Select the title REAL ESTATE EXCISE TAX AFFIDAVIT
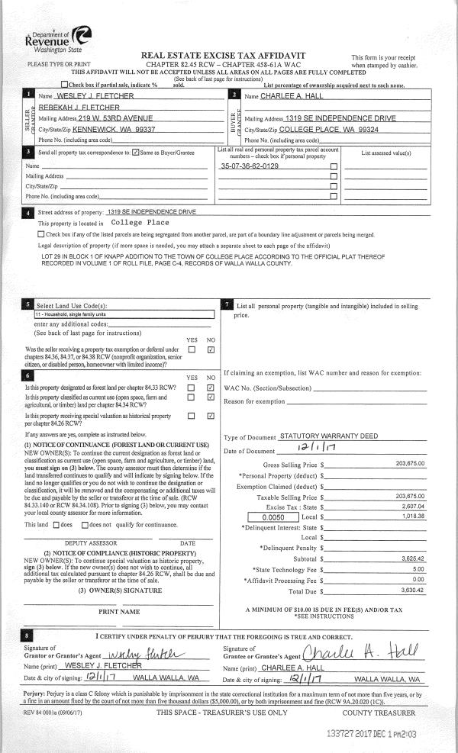pyautogui.click(x=223, y=56)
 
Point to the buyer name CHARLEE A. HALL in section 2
pyautogui.click(x=294, y=96)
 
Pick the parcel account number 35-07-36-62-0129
pyautogui.click(x=249, y=166)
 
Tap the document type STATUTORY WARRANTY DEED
pyautogui.click(x=329, y=436)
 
